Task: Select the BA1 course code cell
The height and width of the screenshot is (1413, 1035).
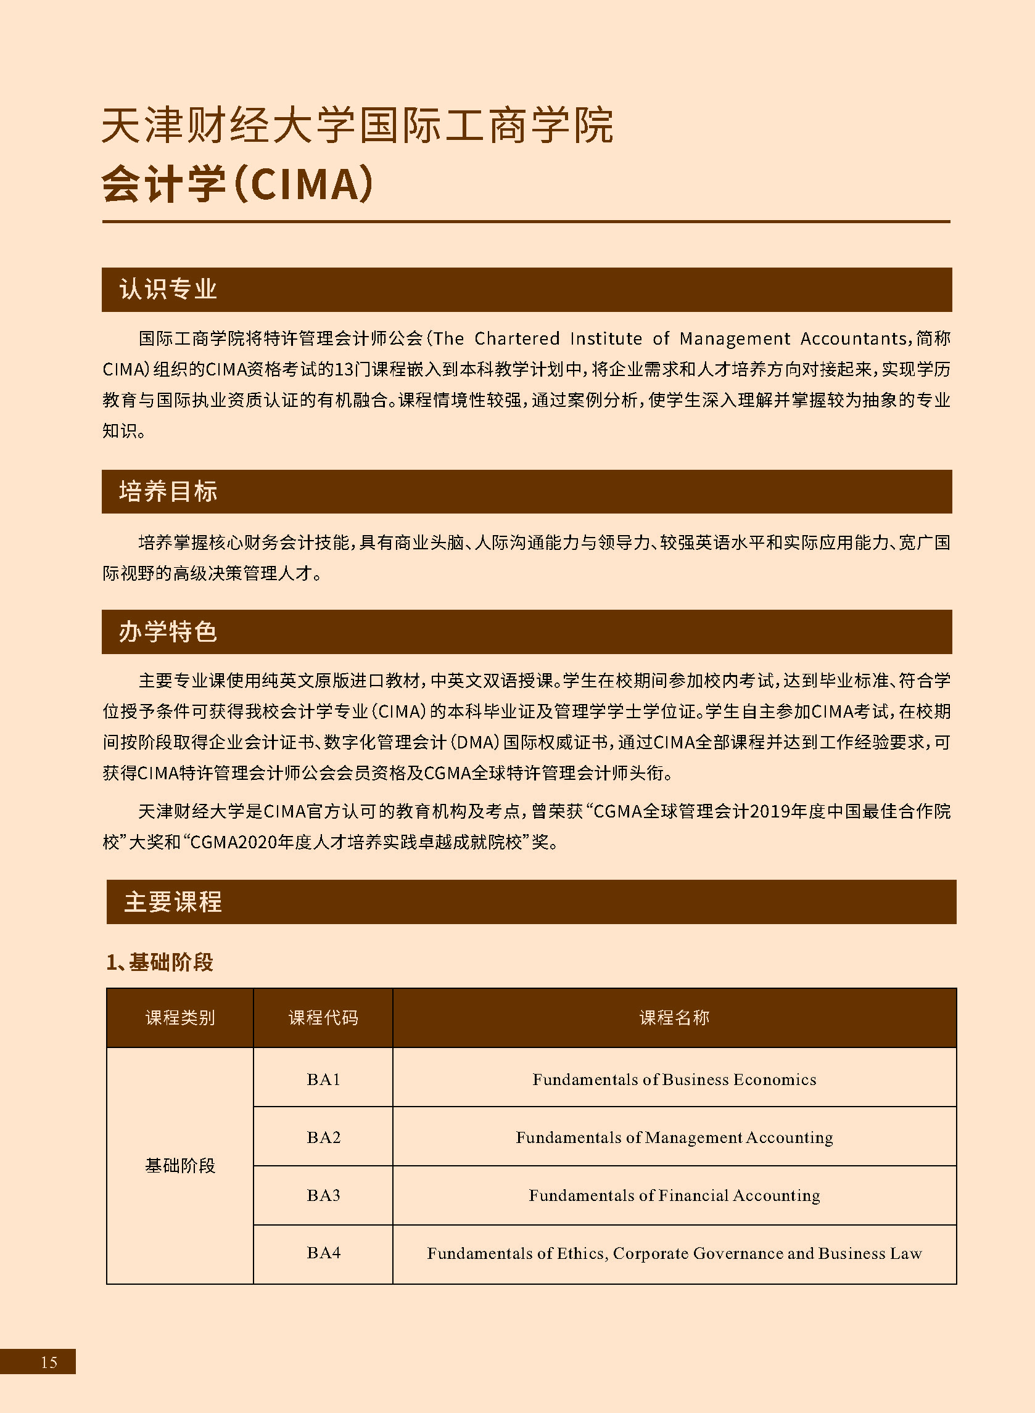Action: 323,1079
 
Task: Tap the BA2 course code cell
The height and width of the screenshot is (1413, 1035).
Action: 323,1137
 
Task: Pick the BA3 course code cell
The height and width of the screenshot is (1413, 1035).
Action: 323,1195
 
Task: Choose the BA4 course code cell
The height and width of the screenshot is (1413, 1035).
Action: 323,1253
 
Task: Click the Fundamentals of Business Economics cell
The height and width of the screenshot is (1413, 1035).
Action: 674,1079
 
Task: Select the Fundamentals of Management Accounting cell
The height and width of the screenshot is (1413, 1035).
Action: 674,1137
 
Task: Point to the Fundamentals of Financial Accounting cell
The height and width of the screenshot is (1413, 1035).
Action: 674,1195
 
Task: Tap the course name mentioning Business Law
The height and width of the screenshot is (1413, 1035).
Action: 674,1253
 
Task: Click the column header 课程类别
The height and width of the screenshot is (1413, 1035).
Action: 180,1017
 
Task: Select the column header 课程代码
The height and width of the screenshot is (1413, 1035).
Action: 323,1017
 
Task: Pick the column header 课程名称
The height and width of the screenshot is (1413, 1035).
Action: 674,1017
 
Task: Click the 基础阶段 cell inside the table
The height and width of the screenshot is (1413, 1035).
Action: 180,1166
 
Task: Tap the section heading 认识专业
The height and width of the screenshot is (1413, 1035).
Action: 168,289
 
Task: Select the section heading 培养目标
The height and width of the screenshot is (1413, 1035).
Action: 168,491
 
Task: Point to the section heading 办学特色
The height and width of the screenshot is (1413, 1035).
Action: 168,632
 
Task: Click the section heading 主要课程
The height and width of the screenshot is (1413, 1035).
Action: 173,901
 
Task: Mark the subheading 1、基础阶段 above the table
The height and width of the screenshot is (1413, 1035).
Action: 160,962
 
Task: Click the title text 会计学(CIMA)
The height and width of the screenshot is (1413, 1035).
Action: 237,185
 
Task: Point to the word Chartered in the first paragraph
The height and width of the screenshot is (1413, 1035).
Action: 516,338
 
